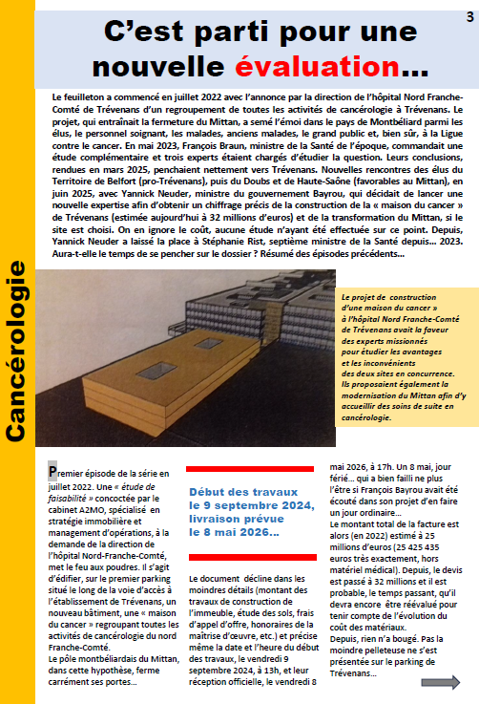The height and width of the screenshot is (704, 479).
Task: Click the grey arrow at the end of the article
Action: [440, 682]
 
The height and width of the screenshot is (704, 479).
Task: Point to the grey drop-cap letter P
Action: [52, 471]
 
